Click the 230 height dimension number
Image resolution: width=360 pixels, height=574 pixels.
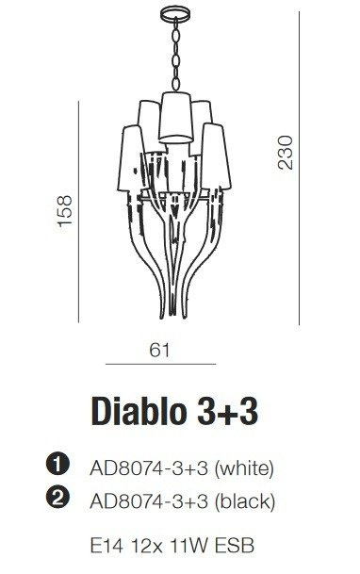(286, 153)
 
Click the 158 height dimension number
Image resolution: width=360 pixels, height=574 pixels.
(65, 211)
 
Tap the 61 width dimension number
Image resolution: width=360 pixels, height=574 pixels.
(160, 351)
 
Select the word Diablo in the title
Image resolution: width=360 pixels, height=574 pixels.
(139, 411)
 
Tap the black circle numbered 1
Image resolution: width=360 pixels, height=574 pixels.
(57, 465)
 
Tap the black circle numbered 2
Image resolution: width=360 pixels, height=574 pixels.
(57, 498)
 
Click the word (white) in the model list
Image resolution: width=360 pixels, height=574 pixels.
(244, 468)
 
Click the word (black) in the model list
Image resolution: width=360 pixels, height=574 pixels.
(245, 501)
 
